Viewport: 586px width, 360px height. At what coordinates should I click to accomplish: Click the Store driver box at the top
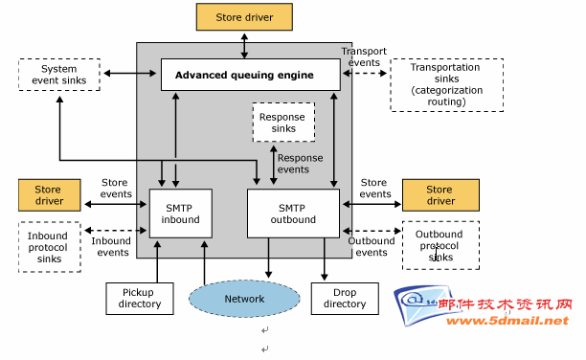pos(244,17)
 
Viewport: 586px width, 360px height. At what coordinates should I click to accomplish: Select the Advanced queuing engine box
pos(251,75)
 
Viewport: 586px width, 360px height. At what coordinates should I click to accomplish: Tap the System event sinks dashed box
pos(59,75)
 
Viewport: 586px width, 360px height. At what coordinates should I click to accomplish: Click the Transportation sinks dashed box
pos(446,85)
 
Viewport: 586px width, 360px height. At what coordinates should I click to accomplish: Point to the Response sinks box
pos(283,123)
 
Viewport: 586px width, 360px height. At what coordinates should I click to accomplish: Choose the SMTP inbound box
pos(181,214)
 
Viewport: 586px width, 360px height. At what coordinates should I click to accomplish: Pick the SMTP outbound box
pos(293,214)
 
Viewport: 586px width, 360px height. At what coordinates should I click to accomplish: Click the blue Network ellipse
pos(244,299)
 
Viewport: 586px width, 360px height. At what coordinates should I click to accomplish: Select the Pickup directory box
pos(140,299)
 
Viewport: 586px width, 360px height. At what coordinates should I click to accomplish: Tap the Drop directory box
pos(345,299)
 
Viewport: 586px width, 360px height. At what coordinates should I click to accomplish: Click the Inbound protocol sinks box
pos(50,247)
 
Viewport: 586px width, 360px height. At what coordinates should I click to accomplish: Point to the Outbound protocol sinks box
pos(440,245)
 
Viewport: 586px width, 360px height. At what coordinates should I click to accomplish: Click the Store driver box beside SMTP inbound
pos(50,195)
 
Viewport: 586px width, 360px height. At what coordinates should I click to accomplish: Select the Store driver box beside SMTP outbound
pos(440,195)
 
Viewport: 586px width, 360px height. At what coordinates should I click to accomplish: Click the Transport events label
pos(364,56)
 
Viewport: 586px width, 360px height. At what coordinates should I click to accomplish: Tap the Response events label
pos(300,164)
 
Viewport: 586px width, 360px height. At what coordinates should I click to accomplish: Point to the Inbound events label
pos(111,247)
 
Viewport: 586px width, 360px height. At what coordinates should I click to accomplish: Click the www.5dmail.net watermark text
pos(507,321)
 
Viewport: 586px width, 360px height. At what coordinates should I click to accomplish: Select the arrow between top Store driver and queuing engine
pos(244,46)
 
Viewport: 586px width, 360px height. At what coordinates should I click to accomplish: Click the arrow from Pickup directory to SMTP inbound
pos(157,261)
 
